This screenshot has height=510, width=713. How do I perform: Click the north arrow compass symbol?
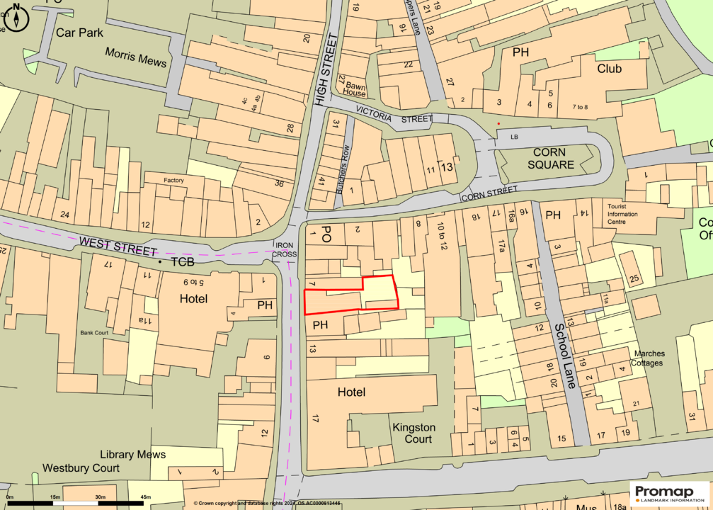tap(15, 18)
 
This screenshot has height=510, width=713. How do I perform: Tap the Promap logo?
tap(670, 494)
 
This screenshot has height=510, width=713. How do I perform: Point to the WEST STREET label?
tap(118, 246)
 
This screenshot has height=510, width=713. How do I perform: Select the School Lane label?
tap(567, 356)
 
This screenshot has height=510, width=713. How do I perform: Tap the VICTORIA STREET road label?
tap(394, 115)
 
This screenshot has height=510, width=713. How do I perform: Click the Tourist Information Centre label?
tap(622, 213)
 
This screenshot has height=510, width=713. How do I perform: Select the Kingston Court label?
tap(414, 433)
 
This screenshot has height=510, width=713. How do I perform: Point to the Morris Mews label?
tap(136, 57)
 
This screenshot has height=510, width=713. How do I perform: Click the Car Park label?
tap(79, 33)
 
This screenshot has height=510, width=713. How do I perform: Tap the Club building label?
tap(609, 69)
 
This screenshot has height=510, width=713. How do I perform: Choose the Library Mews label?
tap(132, 454)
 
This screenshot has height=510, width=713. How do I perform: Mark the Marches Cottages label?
tap(649, 358)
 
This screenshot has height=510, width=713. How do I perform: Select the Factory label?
tap(173, 181)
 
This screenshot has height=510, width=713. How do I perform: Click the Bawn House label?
tap(355, 89)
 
